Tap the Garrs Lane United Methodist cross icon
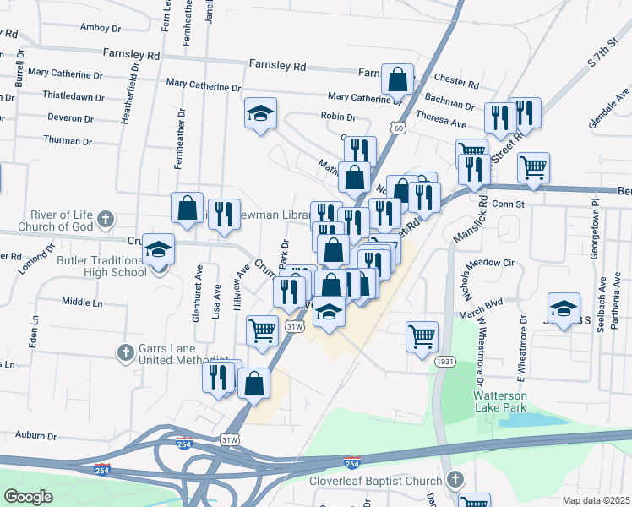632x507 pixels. (x=125, y=353)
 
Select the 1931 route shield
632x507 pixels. (x=445, y=362)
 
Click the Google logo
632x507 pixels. (x=28, y=497)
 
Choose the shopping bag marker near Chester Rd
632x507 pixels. (x=397, y=79)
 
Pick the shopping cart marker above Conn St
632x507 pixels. (x=533, y=167)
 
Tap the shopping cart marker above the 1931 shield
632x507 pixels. (x=422, y=335)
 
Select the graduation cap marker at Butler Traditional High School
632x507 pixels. (x=158, y=249)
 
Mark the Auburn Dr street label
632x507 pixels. (x=35, y=436)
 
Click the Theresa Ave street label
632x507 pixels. (x=441, y=123)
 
